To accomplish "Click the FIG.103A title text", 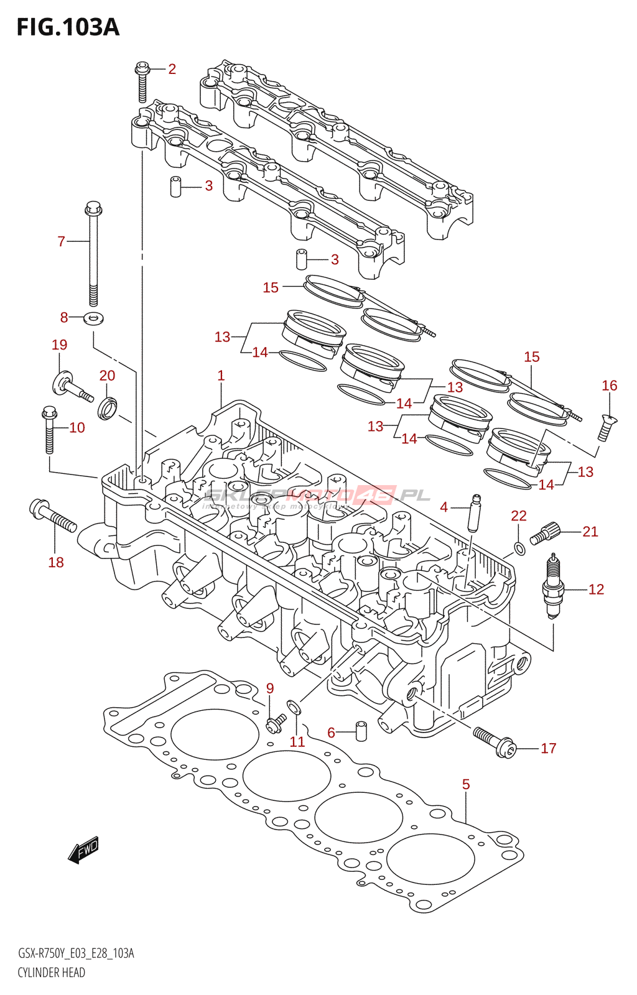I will pos(67,27).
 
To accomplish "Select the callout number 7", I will pos(61,241).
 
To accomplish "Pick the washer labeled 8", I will pos(93,319).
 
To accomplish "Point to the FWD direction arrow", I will pos(83,849).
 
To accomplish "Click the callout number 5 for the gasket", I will pos(466,785).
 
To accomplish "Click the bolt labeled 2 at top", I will pos(142,81).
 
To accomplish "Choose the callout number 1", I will pos(221,376).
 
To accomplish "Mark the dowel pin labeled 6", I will pos(360,731).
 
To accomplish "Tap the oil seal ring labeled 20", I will pos(108,407).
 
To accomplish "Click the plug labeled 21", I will pos(546,534).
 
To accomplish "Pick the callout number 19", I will pos(59,345).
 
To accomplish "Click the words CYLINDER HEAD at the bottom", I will pos(51,973).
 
